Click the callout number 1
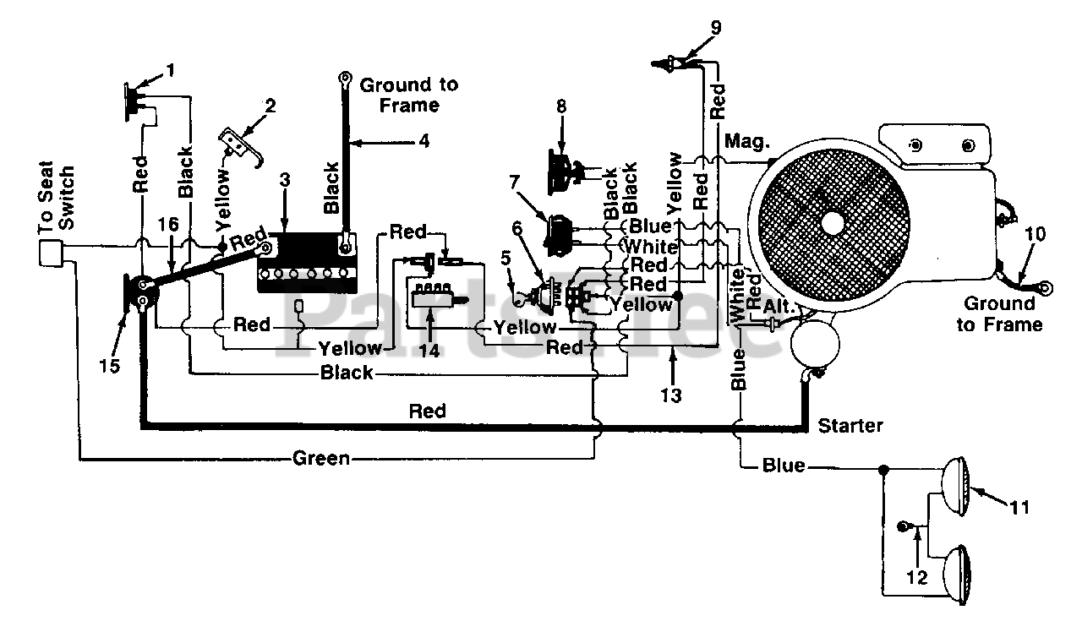click(x=170, y=71)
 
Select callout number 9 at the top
click(x=716, y=28)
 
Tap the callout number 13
click(x=671, y=395)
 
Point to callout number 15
click(x=109, y=366)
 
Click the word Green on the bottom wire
click(x=321, y=458)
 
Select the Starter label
click(x=850, y=426)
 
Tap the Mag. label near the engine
click(x=746, y=142)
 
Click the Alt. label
click(x=779, y=307)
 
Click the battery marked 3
click(x=307, y=262)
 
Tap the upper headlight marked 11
click(x=955, y=487)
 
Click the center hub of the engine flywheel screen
click(x=832, y=222)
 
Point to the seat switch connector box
click(x=52, y=253)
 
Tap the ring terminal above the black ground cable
click(x=344, y=77)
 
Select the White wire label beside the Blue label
click(x=650, y=247)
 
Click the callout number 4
click(x=424, y=141)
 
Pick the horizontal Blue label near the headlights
click(x=784, y=466)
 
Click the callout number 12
click(x=916, y=577)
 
